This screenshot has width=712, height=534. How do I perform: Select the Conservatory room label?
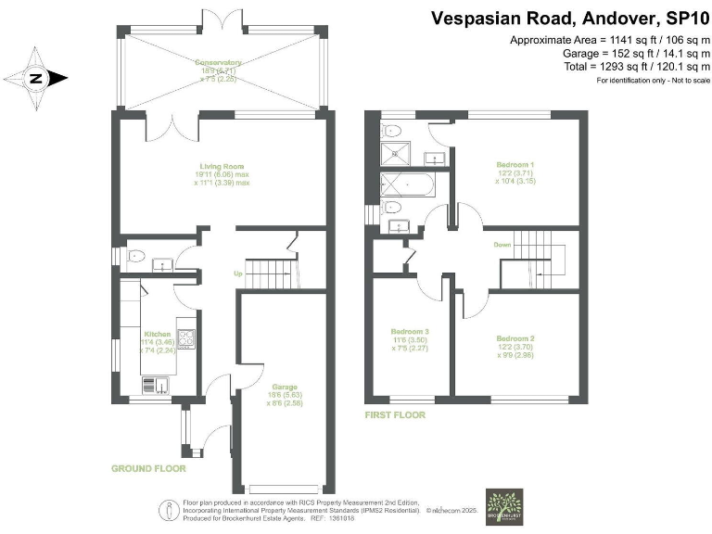point(219,64)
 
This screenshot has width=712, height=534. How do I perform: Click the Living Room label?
point(222,167)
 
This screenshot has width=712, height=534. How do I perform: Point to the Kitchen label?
point(157,334)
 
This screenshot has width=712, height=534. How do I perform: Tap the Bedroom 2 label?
point(515,338)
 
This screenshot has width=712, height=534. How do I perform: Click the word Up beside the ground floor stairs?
point(237,273)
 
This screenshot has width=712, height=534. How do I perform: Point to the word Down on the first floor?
point(502,246)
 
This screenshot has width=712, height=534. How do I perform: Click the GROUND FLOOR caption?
point(150,469)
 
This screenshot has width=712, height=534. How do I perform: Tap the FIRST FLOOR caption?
point(395,415)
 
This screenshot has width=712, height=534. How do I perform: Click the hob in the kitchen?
point(186,339)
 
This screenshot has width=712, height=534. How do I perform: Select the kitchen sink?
point(154,384)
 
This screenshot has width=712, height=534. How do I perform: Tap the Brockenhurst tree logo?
point(503,508)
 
